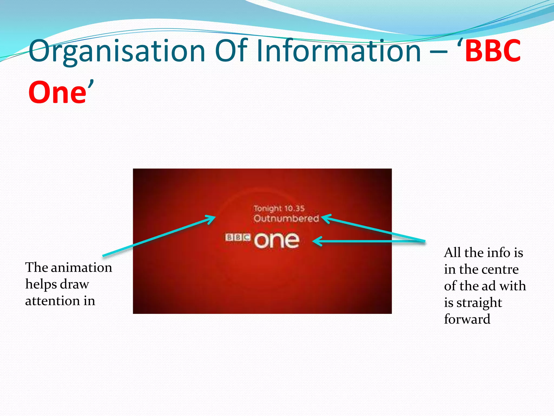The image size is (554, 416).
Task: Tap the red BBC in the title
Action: tap(493, 51)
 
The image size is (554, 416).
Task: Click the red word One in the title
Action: tap(57, 93)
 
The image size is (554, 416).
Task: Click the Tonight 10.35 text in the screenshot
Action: tap(279, 209)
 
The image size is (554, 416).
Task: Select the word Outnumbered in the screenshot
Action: tap(286, 219)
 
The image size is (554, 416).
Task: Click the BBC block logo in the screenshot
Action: tap(238, 238)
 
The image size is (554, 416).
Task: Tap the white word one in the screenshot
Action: tap(277, 240)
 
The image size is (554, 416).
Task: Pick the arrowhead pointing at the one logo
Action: tap(316, 241)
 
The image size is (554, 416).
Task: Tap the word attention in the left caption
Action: tap(52, 301)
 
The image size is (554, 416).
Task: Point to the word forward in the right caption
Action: tap(467, 319)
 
